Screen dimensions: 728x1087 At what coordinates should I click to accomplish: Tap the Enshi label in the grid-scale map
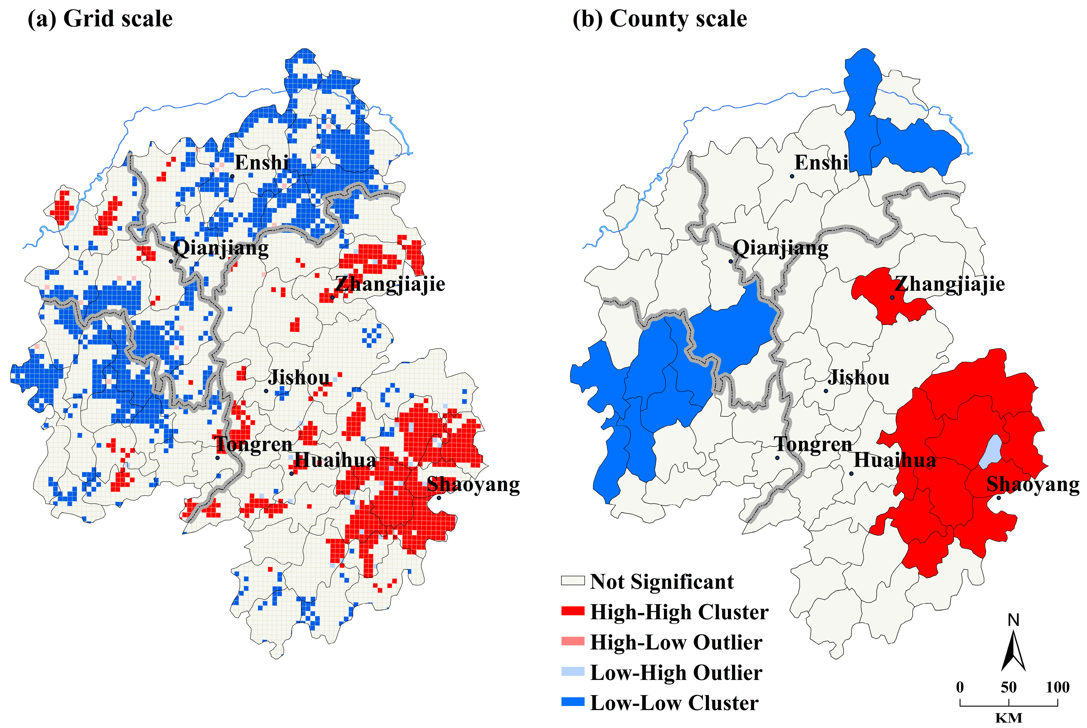click(262, 163)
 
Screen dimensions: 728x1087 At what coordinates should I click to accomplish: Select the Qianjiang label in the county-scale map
click(780, 248)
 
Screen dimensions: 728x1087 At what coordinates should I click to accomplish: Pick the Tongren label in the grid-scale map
click(254, 444)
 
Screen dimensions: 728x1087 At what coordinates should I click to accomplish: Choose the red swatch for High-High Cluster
click(572, 611)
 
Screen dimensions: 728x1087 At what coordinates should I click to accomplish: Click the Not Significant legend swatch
click(572, 581)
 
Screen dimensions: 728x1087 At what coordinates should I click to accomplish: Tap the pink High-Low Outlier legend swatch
click(572, 642)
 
